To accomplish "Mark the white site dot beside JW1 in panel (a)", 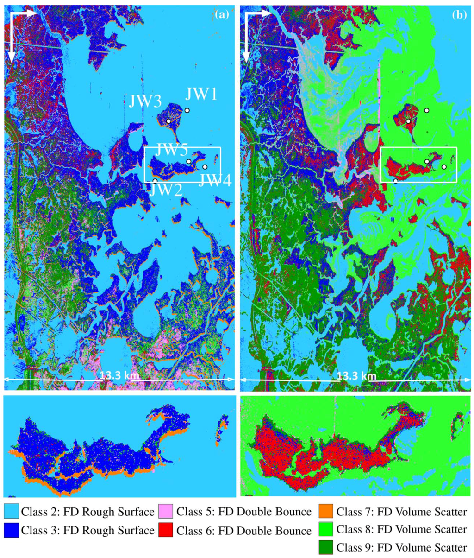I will tap(187, 110).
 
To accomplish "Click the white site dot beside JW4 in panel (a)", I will tap(205, 167).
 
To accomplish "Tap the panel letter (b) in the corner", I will tap(459, 14).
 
